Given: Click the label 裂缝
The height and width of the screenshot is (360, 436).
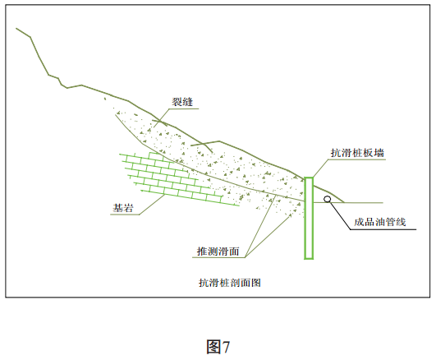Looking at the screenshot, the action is click(182, 102).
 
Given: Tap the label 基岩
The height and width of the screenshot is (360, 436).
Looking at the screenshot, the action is click(123, 208).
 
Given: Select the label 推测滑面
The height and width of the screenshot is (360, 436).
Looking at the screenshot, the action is click(218, 252).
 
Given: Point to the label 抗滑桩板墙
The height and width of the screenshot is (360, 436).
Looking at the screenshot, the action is click(357, 153).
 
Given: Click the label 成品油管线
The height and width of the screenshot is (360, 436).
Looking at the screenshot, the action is click(380, 222).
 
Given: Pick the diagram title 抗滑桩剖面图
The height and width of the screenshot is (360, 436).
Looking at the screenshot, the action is click(230, 283).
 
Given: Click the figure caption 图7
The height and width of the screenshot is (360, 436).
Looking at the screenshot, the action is click(218, 347).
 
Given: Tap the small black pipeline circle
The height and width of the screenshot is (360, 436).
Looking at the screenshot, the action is click(328, 199).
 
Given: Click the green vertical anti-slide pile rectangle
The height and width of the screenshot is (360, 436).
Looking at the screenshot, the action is click(309, 218).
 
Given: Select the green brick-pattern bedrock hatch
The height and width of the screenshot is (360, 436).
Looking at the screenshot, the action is click(178, 178).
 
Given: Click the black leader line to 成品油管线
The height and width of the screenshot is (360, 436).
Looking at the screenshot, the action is click(340, 215).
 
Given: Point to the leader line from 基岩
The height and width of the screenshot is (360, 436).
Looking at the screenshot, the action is click(152, 205).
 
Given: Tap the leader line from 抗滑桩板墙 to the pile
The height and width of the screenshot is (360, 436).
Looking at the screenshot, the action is click(321, 168).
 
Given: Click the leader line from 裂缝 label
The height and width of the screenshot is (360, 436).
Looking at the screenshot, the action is click(162, 118).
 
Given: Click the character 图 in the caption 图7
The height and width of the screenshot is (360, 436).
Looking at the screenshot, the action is click(213, 347).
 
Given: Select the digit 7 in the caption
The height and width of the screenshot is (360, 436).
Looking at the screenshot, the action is click(227, 347).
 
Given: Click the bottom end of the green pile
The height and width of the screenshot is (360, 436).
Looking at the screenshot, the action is click(309, 259).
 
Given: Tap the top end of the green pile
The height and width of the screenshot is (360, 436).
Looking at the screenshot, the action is click(309, 178).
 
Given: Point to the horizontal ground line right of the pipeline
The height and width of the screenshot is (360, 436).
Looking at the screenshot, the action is click(364, 203).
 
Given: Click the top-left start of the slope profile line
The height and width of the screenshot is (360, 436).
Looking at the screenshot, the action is click(16, 29).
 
